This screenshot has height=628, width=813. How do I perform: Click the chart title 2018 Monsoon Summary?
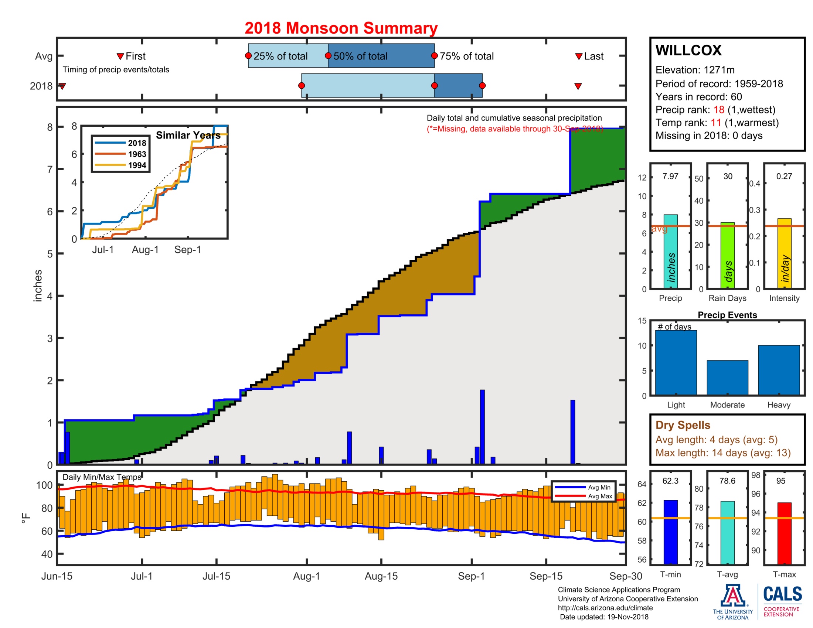tap(341, 28)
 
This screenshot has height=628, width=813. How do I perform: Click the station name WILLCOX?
tap(688, 50)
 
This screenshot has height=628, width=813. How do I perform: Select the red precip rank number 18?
tap(718, 110)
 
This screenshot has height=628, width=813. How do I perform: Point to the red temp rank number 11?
tap(715, 123)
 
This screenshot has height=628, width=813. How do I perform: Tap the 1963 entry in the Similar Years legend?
tap(137, 154)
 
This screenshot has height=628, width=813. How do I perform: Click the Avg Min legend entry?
tap(599, 487)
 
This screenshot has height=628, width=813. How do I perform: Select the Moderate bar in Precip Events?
tap(727, 377)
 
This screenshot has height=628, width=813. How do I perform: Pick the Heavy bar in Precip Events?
tap(779, 370)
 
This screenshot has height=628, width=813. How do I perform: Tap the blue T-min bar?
tap(670, 532)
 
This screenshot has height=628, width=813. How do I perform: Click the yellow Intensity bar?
tap(784, 253)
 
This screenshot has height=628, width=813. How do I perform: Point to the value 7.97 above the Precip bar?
tap(670, 176)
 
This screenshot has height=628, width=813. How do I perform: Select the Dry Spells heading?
tap(683, 425)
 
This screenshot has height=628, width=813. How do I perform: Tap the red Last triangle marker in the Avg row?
tap(578, 57)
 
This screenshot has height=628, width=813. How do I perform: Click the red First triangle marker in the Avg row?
tap(120, 57)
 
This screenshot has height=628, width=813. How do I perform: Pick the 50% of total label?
tap(360, 56)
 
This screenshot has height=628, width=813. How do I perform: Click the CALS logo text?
tap(782, 594)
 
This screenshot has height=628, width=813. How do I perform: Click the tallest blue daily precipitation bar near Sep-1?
tap(482, 427)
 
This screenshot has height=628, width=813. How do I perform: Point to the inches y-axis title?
tap(38, 285)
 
